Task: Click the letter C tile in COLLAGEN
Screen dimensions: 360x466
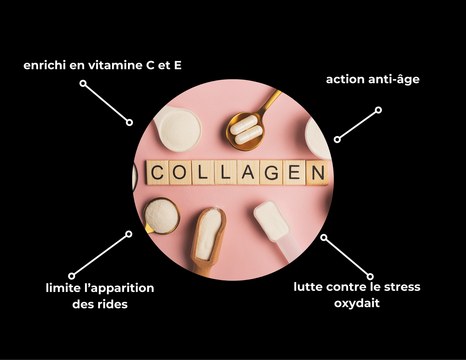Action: click(158, 173)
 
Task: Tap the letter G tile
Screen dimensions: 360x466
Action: click(271, 173)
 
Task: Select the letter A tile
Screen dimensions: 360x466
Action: click(248, 173)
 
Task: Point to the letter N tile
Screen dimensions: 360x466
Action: click(318, 173)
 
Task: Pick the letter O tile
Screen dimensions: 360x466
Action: click(180, 173)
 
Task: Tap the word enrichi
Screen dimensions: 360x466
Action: click(44, 65)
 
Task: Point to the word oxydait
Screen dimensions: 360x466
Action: click(357, 303)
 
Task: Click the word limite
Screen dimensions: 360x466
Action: click(63, 288)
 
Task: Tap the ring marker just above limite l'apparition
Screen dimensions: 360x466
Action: click(72, 276)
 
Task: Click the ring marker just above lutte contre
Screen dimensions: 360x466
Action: click(370, 276)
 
